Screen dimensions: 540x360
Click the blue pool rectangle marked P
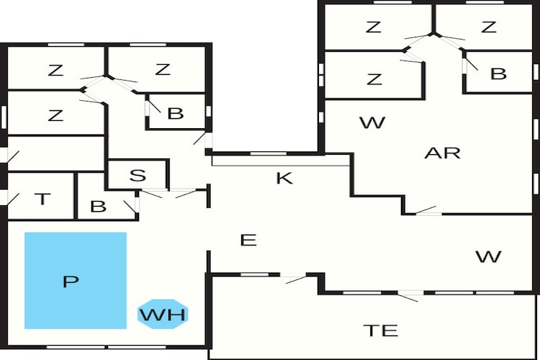[76, 280]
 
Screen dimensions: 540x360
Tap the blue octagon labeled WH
[163, 314]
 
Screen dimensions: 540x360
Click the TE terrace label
[381, 330]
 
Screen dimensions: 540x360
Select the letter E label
[248, 240]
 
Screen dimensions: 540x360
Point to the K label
[284, 178]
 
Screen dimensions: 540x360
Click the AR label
[443, 153]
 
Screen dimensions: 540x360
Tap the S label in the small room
[138, 175]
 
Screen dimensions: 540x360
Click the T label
[42, 199]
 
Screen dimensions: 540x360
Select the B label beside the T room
[98, 207]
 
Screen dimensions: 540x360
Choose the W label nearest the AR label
[372, 122]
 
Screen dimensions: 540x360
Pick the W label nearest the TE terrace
[488, 256]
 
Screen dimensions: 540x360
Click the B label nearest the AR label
[498, 73]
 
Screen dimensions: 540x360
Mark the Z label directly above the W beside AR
[374, 79]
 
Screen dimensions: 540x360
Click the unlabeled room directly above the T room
[55, 153]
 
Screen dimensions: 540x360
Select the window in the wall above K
[269, 153]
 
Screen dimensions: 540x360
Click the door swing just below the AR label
[426, 210]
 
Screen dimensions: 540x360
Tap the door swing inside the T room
[13, 199]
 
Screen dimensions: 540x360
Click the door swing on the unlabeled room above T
[13, 157]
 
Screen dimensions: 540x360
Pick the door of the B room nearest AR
[471, 64]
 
